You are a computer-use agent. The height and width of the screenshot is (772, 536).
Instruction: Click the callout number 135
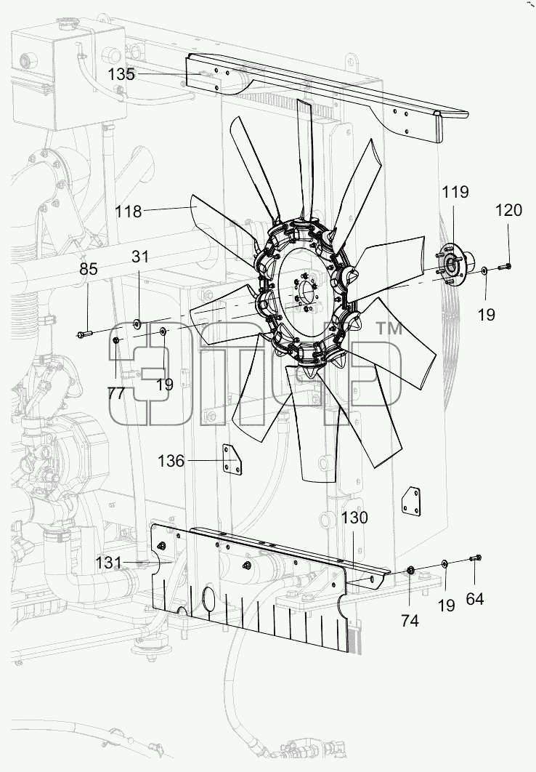[121, 74]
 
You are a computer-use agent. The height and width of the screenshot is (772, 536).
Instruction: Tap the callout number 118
[129, 212]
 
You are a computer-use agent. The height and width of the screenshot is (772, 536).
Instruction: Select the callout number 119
[455, 192]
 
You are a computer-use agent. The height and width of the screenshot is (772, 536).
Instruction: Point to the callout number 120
[508, 210]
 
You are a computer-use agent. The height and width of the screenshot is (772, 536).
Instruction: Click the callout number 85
[89, 269]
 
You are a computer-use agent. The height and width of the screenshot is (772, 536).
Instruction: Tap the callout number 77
[116, 393]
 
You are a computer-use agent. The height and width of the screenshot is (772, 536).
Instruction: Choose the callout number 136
[171, 462]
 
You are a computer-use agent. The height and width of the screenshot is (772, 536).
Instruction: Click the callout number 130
[354, 518]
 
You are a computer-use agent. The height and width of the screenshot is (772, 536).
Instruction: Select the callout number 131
[108, 563]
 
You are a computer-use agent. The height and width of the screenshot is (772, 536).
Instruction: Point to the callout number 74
[410, 621]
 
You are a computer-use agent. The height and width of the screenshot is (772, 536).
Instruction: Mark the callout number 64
[475, 599]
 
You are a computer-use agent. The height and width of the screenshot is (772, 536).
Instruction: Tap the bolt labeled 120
[505, 267]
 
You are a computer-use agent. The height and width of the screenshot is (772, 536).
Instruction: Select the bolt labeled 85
[84, 334]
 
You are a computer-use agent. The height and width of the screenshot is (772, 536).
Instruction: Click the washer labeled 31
[137, 323]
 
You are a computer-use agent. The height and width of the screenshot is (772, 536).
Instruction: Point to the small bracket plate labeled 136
[234, 459]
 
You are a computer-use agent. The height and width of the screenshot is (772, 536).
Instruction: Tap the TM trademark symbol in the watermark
[389, 329]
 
